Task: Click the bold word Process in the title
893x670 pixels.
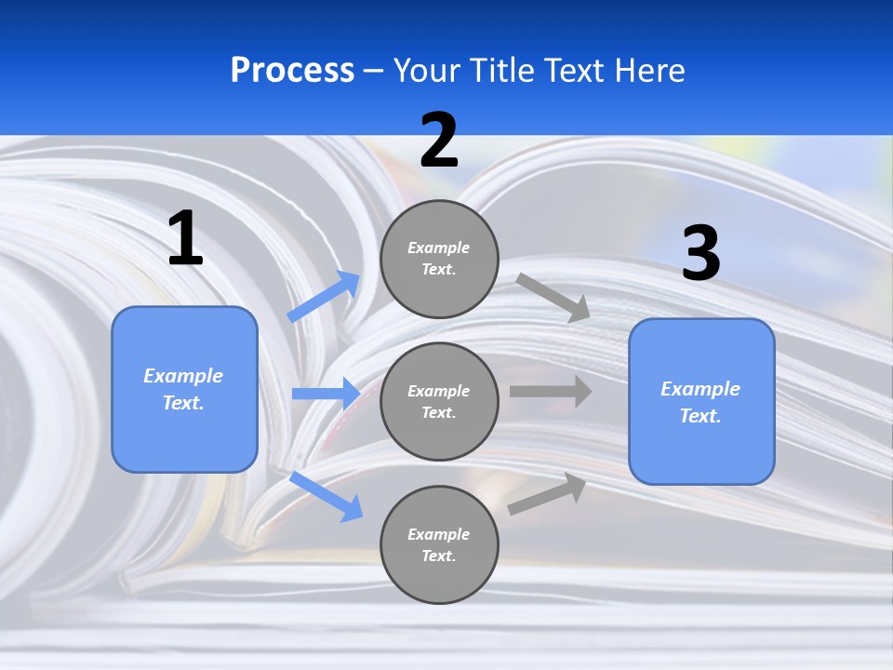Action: click(292, 71)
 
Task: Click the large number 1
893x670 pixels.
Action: click(185, 239)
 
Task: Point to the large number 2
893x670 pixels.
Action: click(439, 141)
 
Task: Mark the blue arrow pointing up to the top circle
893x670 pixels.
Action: click(324, 297)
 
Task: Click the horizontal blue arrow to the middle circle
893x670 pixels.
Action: click(326, 394)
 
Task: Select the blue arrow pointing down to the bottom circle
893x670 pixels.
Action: click(326, 495)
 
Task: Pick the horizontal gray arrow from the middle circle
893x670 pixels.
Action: click(551, 391)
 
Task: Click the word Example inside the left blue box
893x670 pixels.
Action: click(183, 376)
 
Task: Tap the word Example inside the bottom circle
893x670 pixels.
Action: click(438, 534)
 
